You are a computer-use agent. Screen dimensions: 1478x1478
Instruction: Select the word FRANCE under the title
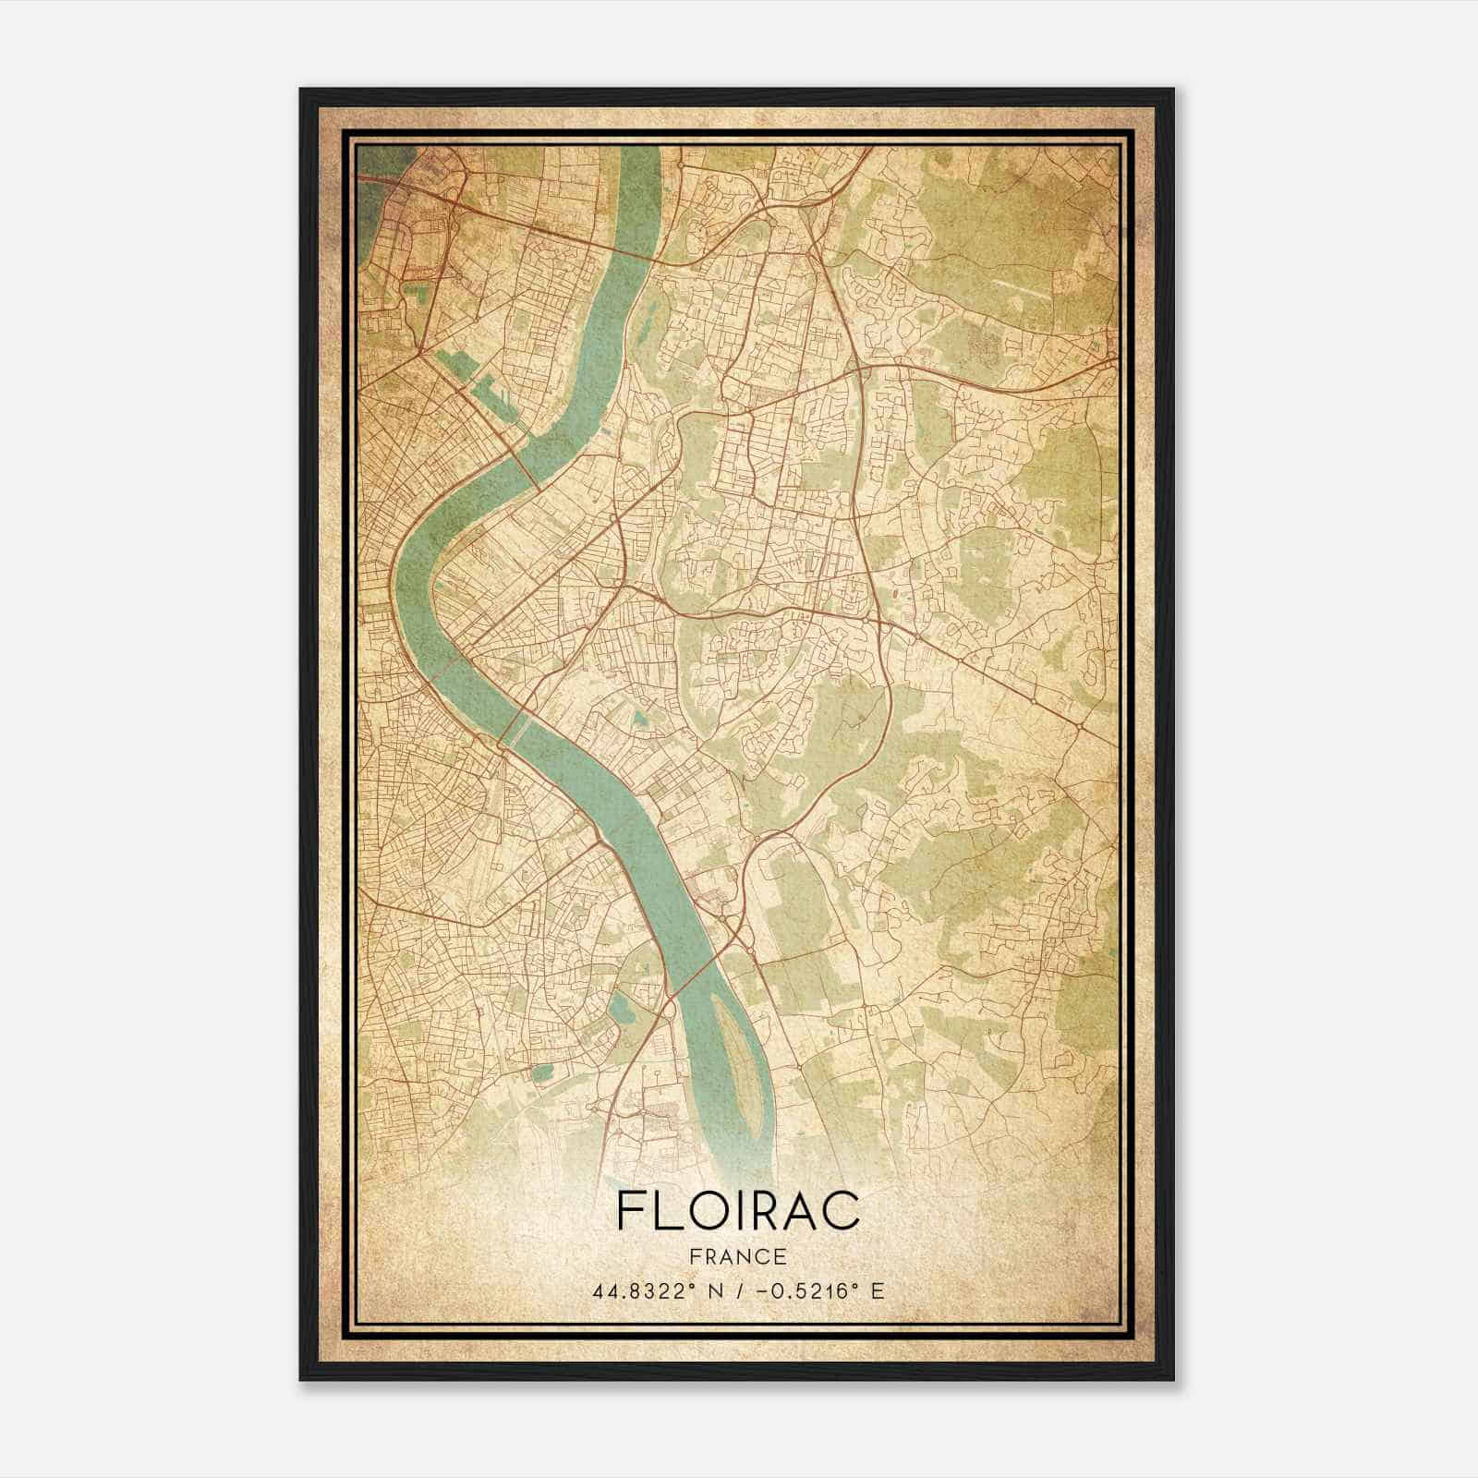(737, 1257)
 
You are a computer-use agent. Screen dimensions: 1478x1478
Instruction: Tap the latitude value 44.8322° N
(658, 1290)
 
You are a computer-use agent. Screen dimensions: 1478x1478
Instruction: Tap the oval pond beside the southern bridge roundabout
(620, 1008)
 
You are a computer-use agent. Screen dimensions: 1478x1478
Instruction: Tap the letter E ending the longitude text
(877, 1290)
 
